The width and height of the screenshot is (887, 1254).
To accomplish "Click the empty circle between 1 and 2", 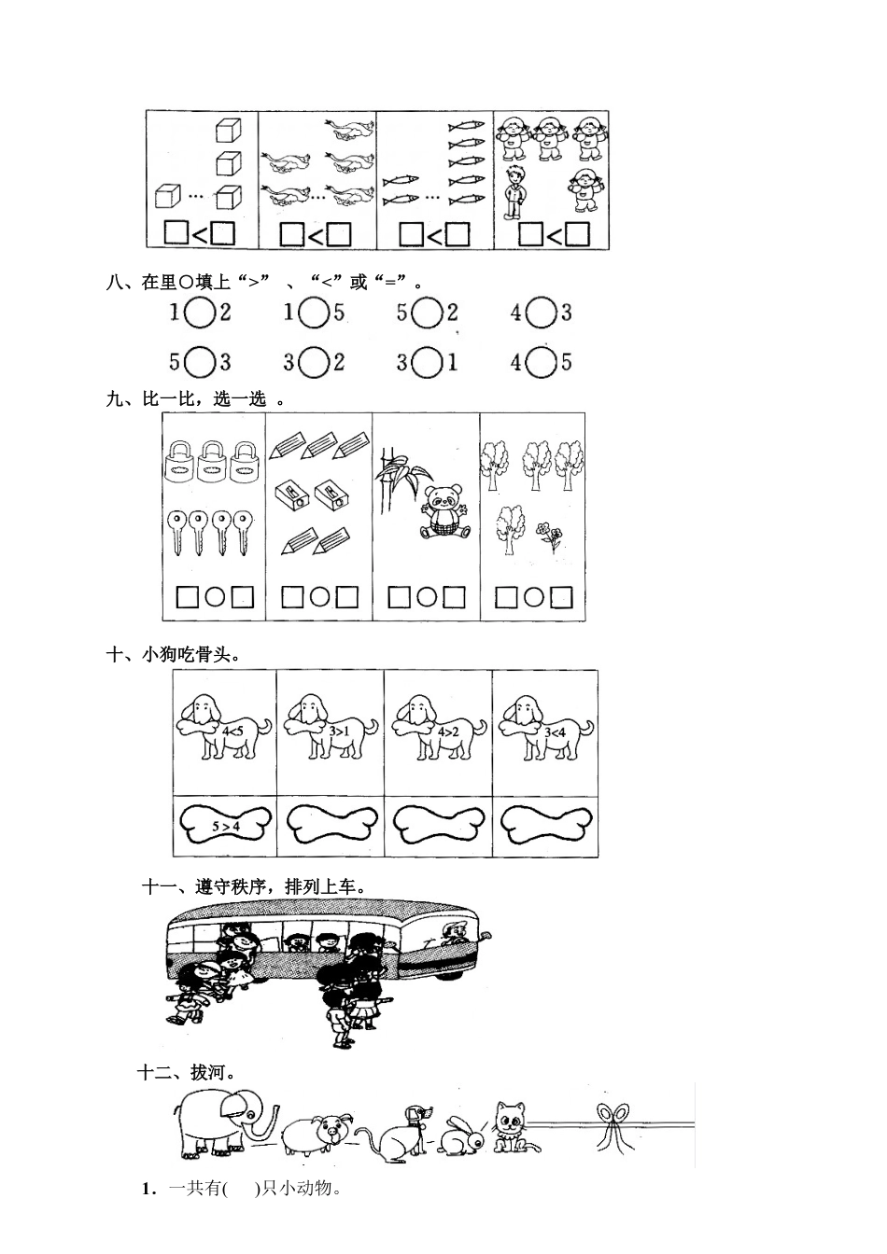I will [199, 313].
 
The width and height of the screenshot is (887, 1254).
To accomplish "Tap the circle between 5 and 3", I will [199, 362].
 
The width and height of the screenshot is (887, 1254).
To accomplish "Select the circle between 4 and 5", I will [541, 362].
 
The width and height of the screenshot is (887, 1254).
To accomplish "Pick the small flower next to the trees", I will [548, 536].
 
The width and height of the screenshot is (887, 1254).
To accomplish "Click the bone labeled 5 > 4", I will [225, 825].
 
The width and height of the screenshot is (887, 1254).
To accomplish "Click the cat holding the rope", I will [510, 1124].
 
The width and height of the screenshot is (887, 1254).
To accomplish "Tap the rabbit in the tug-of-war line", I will [464, 1135].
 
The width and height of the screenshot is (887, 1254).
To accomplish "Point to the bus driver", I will [455, 933].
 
